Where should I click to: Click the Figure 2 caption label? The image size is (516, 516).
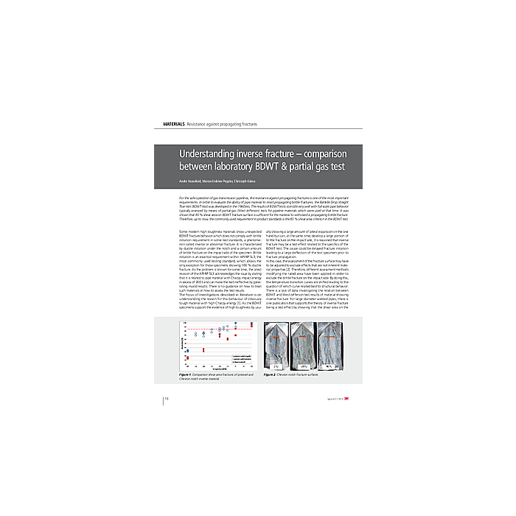[272, 374]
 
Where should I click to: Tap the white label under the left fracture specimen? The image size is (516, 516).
[276, 366]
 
